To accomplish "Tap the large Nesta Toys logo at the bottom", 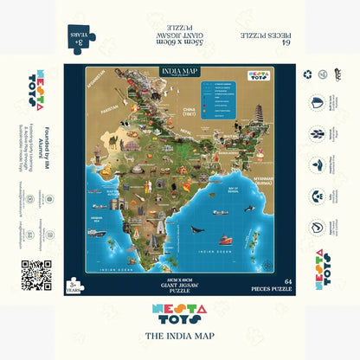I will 180,315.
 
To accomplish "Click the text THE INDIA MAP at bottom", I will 180,334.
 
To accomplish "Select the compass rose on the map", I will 98,247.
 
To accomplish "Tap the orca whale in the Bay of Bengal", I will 197,230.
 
